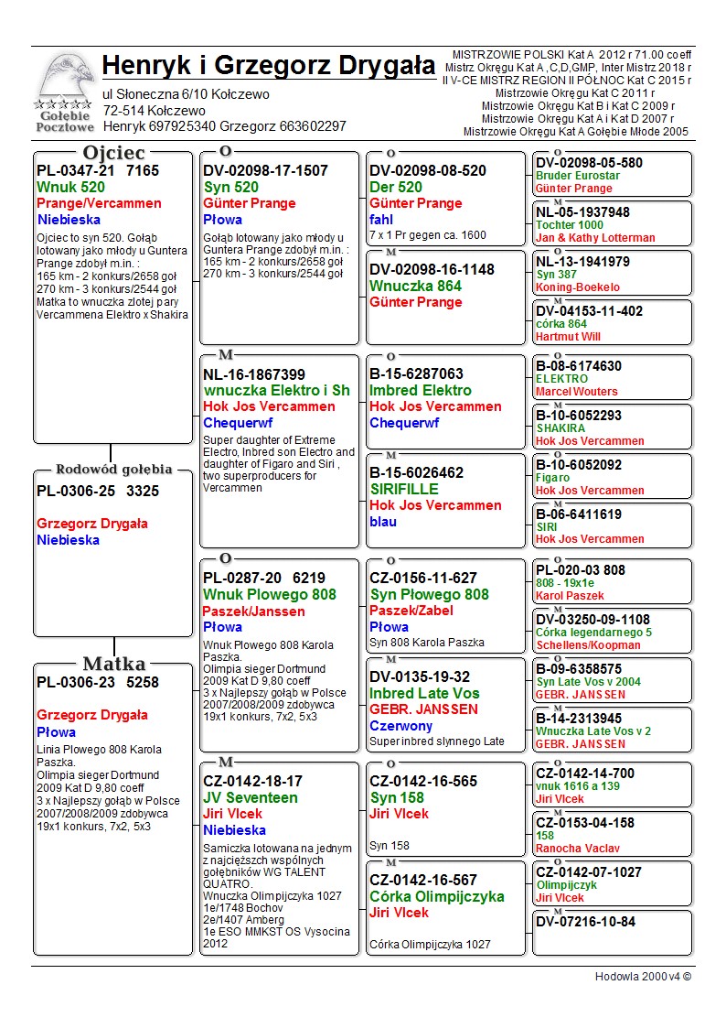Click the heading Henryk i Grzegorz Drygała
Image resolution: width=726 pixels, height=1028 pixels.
pos(269,66)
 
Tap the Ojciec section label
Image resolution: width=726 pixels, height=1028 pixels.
pos(114,153)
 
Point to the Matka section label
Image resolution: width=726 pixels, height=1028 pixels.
pos(114,664)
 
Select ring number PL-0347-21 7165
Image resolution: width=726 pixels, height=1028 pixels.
pos(98,171)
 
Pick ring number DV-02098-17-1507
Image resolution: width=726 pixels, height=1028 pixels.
pos(265,171)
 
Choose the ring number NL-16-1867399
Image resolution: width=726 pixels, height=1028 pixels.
pos(254,375)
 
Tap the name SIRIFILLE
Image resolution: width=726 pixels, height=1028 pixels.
pos(404,490)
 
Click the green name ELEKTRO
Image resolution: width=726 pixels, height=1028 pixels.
pos(561,379)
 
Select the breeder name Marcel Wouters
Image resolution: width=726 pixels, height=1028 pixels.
pos(577,392)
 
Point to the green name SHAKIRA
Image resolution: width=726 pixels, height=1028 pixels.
pos(561,428)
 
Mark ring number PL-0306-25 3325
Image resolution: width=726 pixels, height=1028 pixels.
pos(98,492)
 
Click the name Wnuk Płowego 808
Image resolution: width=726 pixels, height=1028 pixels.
pos(270,595)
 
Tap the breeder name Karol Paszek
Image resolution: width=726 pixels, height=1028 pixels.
pos(570,596)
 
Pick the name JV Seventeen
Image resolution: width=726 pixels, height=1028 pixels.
pos(251,798)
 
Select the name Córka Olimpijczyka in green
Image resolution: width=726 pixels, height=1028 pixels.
pos(437,897)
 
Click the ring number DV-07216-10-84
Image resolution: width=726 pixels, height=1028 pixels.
pos(585,922)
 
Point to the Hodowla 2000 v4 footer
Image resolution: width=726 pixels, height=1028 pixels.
pos(643,977)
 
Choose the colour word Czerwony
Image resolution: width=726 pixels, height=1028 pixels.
pos(401,726)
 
